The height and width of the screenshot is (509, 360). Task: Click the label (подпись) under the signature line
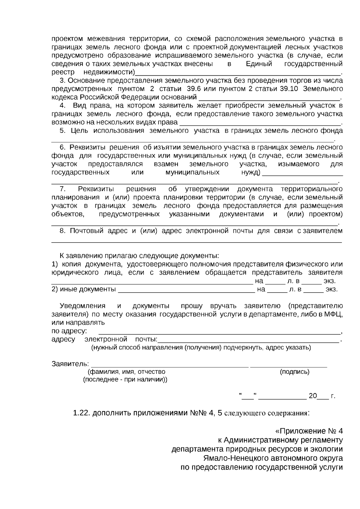(x=295, y=372)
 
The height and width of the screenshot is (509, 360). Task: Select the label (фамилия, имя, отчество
(x=126, y=372)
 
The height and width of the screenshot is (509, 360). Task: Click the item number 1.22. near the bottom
(x=81, y=413)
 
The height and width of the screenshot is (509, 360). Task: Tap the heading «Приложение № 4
(x=309, y=431)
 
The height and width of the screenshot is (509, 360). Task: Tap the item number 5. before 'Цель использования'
(x=62, y=131)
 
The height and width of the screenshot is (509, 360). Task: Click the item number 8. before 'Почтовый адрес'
(x=62, y=231)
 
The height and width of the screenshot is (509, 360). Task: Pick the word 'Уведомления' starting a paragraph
(x=82, y=306)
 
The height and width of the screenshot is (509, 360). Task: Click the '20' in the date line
(x=313, y=396)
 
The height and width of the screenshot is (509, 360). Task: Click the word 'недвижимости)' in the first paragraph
(x=109, y=72)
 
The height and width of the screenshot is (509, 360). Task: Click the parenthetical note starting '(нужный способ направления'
(x=201, y=348)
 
